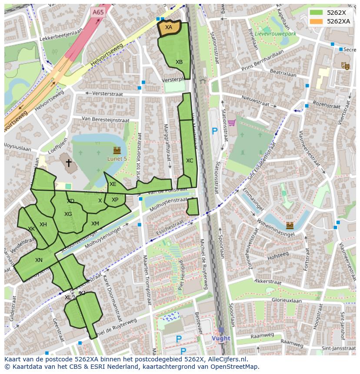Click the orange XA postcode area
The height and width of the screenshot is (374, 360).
(x=169, y=27)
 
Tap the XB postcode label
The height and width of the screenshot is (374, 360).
(x=179, y=62)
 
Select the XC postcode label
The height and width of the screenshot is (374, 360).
(x=190, y=161)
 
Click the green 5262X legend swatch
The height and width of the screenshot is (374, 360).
(x=317, y=12)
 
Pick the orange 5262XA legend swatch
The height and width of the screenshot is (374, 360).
(x=317, y=21)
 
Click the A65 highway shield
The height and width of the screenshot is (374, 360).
(x=98, y=13)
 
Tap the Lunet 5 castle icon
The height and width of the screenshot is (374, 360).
(x=117, y=151)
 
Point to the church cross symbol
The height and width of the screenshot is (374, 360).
(x=68, y=163)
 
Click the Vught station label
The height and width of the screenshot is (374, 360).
(x=221, y=338)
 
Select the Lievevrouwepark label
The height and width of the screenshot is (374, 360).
(x=275, y=33)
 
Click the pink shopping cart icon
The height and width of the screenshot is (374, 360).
(x=232, y=122)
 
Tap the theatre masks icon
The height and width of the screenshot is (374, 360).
(x=346, y=66)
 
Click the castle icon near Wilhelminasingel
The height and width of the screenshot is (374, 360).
(x=290, y=225)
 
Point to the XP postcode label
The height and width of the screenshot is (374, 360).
(x=115, y=200)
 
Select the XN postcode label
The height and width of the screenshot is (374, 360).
(x=39, y=260)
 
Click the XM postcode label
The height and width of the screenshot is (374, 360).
(x=95, y=224)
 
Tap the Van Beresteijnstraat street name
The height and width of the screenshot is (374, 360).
(x=105, y=119)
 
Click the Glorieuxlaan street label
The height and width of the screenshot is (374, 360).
(x=286, y=300)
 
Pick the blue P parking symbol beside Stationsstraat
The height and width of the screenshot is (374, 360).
(x=214, y=131)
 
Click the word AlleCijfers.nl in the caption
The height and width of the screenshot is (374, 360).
(x=227, y=359)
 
